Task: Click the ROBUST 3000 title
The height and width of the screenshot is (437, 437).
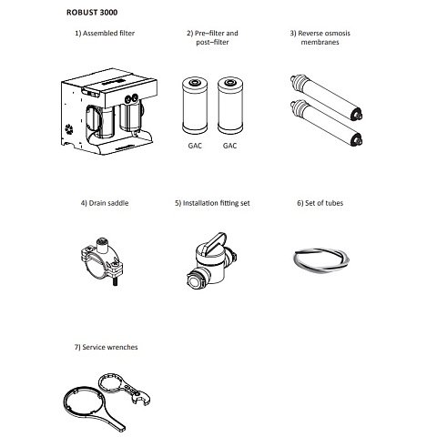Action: (92, 13)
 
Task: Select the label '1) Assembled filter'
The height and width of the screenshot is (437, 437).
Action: (105, 33)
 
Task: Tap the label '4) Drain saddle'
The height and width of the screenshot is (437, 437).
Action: (105, 203)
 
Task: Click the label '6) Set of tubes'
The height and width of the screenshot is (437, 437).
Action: (320, 203)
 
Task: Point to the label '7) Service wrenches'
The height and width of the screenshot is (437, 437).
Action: (106, 347)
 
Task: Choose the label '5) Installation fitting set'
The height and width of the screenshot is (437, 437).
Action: (212, 203)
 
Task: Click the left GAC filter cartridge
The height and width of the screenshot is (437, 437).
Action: (195, 106)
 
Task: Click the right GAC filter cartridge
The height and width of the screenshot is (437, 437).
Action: (230, 106)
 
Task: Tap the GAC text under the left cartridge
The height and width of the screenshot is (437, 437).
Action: (195, 146)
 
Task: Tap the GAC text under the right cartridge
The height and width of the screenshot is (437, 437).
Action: (229, 146)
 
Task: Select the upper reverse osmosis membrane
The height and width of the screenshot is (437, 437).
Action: (326, 97)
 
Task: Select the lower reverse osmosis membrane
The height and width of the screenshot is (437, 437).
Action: (326, 123)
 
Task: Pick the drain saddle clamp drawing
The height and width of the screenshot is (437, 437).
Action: (102, 261)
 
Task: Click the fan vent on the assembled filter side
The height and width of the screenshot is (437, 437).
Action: (69, 129)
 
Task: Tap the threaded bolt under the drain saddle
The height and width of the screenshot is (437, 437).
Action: (116, 281)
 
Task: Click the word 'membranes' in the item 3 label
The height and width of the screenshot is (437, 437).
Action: (320, 42)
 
